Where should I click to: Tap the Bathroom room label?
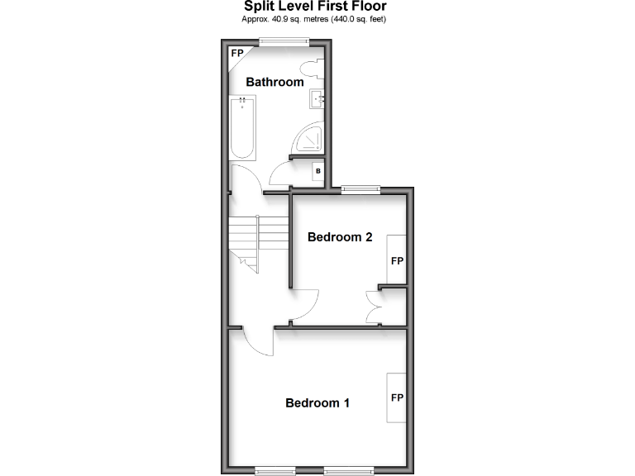pos(275,82)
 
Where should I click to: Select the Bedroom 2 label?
pos(340,237)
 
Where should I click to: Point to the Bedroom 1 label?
pos(317,403)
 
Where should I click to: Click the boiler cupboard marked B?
pos(317,172)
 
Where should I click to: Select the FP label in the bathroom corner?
pos(237,54)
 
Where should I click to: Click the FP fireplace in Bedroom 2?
pos(397,260)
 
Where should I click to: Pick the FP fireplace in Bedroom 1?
pos(397,397)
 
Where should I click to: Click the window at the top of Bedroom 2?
pos(361,189)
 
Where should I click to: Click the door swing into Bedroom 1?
pos(260,340)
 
